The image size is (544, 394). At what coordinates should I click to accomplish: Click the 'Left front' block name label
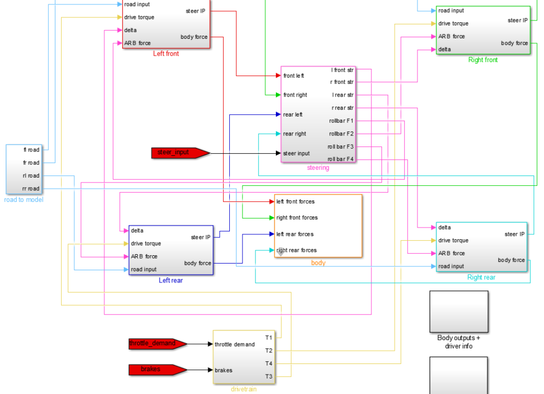[166, 54]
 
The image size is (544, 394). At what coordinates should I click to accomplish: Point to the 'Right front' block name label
[483, 60]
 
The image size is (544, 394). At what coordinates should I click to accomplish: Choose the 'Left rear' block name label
[170, 280]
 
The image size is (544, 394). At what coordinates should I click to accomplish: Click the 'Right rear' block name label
[481, 277]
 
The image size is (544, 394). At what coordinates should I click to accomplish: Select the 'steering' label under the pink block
[318, 168]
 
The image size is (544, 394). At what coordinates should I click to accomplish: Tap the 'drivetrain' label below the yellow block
[244, 390]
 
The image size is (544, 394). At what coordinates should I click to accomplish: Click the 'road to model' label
[23, 200]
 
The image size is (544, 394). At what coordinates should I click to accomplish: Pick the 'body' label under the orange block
[318, 262]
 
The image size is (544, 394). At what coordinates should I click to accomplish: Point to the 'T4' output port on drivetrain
[269, 363]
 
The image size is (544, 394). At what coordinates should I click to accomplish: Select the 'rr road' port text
[31, 189]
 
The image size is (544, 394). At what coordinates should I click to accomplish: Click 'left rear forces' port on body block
[295, 234]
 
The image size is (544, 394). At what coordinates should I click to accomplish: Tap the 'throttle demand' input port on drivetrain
[235, 345]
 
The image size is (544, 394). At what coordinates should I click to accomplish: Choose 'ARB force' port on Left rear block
[144, 256]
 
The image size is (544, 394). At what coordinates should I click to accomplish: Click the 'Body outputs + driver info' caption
[459, 342]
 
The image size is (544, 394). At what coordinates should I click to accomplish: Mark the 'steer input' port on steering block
[296, 153]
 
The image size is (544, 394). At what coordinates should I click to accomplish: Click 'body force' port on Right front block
[514, 43]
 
